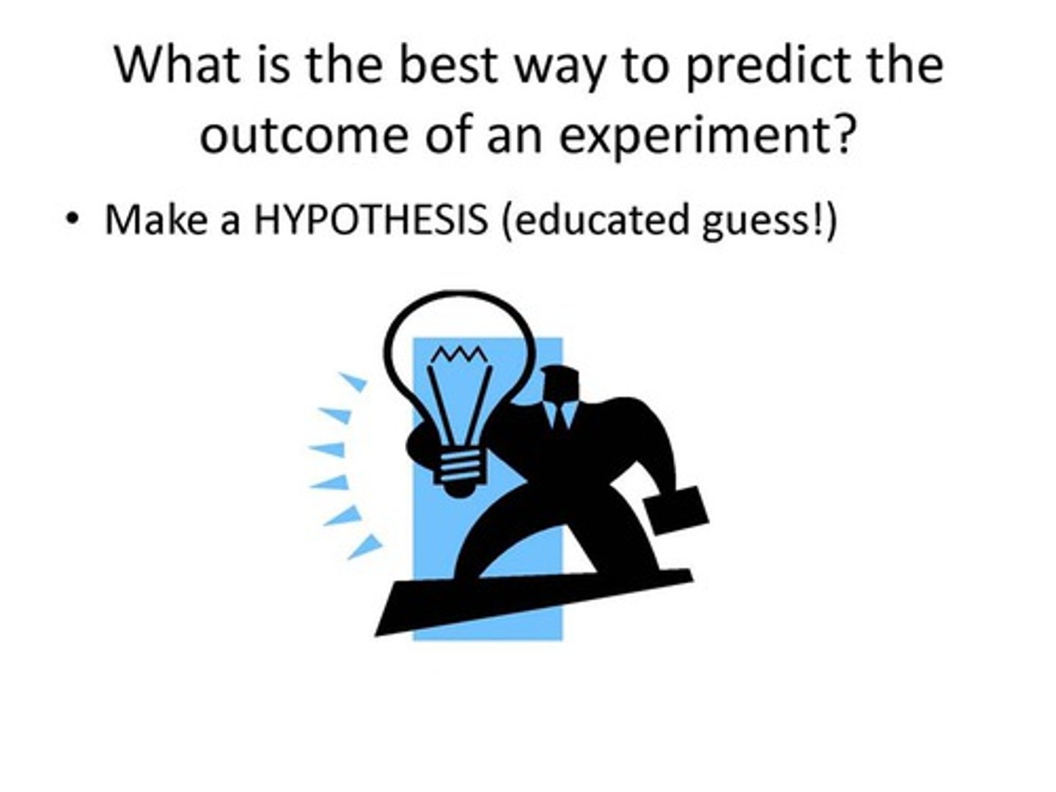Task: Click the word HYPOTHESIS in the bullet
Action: click(370, 220)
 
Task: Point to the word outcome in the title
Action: click(304, 135)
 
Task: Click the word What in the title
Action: click(177, 65)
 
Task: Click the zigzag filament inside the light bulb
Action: click(460, 355)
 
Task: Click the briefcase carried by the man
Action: click(675, 510)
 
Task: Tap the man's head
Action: click(560, 384)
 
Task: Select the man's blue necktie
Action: click(559, 415)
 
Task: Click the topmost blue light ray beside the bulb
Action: click(353, 381)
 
